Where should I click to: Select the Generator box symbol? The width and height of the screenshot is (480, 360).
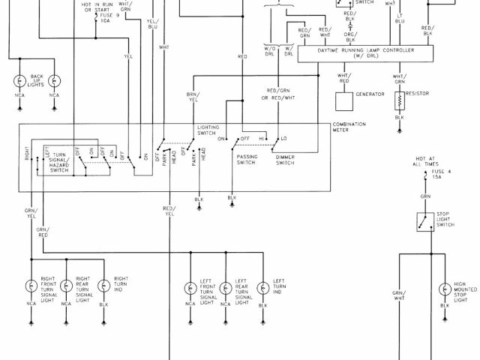point(343,99)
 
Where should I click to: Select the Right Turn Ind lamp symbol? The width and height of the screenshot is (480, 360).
point(102,285)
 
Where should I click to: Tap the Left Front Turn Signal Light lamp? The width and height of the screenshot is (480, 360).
point(189,286)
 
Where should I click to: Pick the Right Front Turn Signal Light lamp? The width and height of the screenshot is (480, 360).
point(31,285)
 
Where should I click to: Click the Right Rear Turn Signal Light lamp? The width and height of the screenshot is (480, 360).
point(66,285)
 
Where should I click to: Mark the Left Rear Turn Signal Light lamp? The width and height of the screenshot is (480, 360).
point(226,286)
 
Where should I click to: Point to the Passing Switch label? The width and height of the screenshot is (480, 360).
point(246,160)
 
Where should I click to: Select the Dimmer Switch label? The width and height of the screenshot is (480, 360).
point(286,160)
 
